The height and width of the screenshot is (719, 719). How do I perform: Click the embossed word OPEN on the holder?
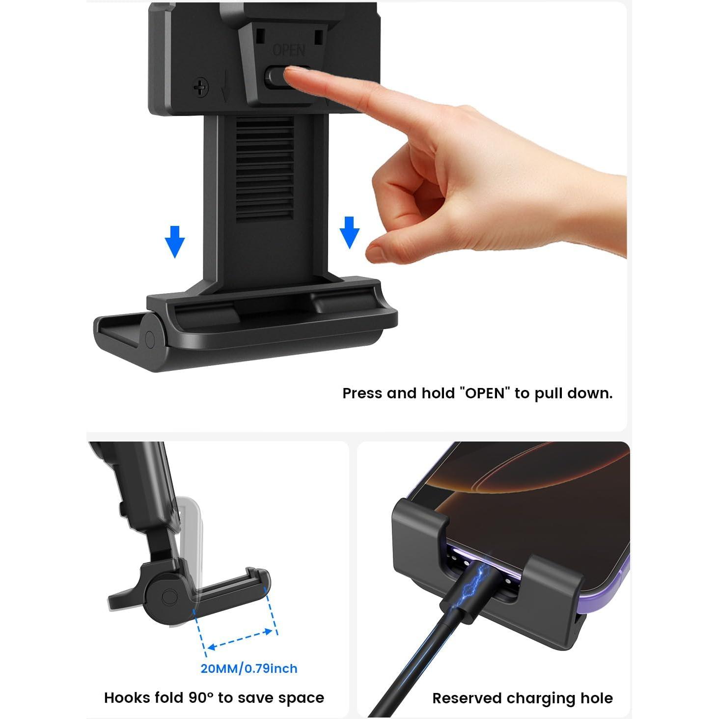289,50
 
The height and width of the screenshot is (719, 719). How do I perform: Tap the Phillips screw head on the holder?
201,88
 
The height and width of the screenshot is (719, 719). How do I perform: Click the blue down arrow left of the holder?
175,242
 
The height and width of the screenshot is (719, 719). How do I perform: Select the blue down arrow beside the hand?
350,232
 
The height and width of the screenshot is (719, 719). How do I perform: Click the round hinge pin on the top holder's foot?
150,340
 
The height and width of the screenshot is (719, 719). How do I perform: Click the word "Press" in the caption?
362,393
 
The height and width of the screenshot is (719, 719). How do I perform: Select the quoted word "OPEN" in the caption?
485,393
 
